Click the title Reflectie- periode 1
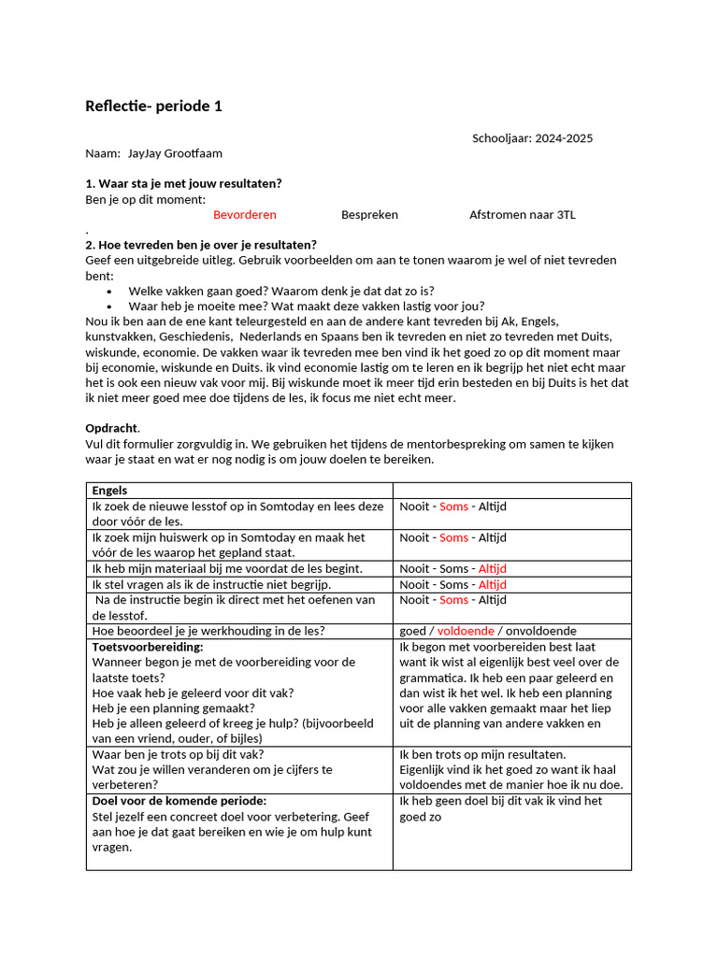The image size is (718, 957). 154,106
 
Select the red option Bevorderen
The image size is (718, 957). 245,214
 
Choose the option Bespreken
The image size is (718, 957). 369,214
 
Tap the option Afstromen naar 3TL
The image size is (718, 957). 522,214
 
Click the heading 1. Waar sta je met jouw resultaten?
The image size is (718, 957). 184,183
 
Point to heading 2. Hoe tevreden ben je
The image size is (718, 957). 201,245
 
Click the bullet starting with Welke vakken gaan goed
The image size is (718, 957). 280,291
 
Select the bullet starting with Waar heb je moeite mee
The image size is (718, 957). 307,306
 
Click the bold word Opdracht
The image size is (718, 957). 111,428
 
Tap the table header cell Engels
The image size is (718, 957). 109,490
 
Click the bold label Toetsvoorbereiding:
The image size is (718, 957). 148,647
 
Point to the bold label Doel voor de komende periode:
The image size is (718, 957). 179,801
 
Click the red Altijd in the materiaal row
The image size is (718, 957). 492,568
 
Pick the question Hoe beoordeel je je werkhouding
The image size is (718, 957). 208,631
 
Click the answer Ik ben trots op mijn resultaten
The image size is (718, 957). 482,754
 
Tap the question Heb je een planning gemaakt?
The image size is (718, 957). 174,708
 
